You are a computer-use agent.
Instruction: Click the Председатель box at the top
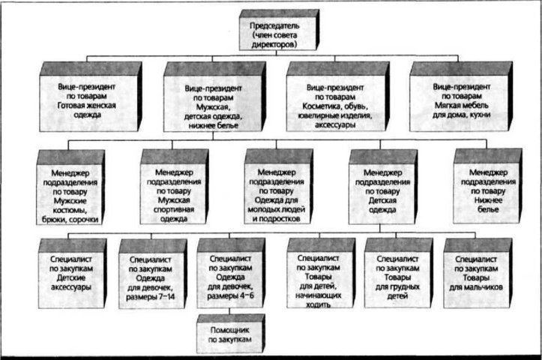(x=279, y=30)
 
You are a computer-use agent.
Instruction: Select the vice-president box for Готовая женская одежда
(x=91, y=97)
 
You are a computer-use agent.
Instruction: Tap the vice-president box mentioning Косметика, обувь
(x=338, y=97)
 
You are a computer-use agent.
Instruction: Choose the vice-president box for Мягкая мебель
(x=461, y=97)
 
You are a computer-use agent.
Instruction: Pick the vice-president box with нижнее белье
(x=214, y=97)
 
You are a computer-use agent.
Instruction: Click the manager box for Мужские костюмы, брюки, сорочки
(x=70, y=187)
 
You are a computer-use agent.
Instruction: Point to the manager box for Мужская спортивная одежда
(x=174, y=187)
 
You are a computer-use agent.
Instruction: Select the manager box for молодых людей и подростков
(x=279, y=187)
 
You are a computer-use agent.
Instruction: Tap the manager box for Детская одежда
(x=383, y=187)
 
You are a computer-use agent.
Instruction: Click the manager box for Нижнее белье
(x=488, y=186)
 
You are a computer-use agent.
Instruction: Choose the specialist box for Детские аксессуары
(x=72, y=273)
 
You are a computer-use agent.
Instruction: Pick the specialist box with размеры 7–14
(x=153, y=274)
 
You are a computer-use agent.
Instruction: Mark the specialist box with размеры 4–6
(x=231, y=273)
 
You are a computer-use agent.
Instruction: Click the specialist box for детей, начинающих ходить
(x=321, y=273)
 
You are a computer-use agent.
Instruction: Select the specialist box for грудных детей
(x=399, y=273)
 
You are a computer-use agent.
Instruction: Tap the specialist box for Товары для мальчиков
(x=478, y=273)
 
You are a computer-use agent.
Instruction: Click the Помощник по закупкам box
(x=231, y=334)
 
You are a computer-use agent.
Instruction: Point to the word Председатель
(x=274, y=25)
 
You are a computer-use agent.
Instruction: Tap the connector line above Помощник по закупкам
(x=229, y=311)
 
